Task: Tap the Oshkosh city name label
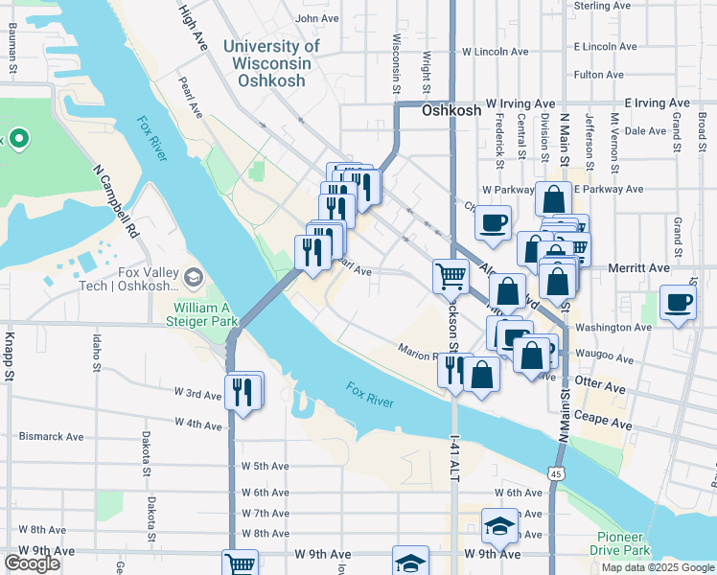[451, 111]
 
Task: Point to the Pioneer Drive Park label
[623, 543]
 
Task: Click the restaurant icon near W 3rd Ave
[243, 391]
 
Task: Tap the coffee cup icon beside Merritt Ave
[679, 303]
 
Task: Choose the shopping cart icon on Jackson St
[451, 276]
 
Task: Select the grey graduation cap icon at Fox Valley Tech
[196, 278]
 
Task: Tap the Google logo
[32, 563]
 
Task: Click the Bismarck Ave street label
[51, 436]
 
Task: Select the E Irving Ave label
[657, 103]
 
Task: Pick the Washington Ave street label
[614, 328]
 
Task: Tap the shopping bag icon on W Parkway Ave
[553, 199]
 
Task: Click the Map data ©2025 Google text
[658, 567]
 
